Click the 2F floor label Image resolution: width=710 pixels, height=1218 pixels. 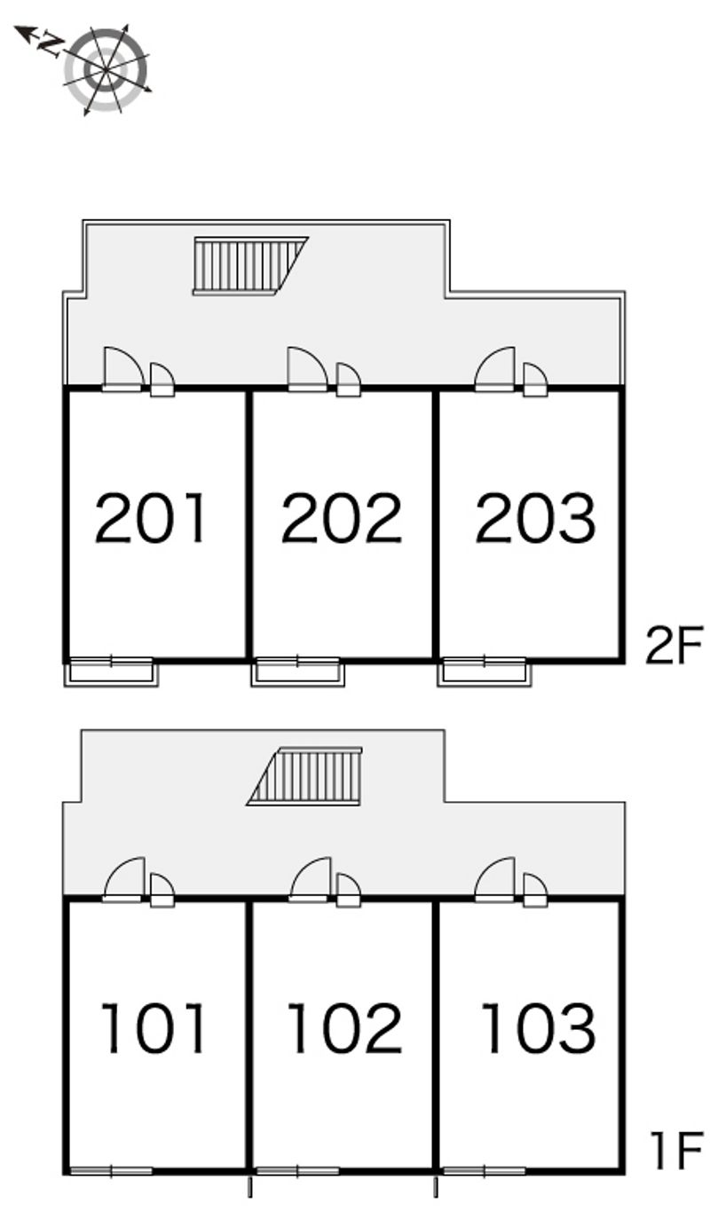click(674, 645)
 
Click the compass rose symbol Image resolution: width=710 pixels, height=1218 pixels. click(106, 70)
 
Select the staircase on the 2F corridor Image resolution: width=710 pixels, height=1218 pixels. click(251, 266)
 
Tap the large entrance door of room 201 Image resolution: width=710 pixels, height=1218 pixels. click(123, 369)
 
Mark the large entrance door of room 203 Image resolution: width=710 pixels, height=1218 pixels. click(494, 369)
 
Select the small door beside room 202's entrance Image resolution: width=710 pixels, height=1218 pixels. click(349, 380)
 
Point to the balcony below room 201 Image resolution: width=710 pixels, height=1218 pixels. click(111, 672)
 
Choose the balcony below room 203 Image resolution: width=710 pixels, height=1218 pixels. click(485, 672)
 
